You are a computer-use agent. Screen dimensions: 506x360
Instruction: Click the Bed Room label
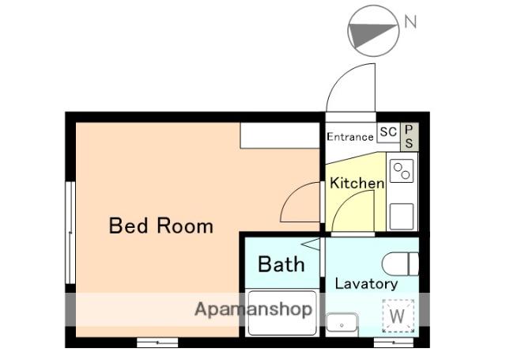point(161,225)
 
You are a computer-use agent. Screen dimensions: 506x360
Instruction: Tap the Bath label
point(281,264)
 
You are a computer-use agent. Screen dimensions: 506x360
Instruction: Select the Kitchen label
point(357,183)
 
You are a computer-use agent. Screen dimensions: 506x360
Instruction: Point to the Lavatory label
point(366,284)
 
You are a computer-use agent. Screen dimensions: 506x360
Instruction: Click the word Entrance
point(350,137)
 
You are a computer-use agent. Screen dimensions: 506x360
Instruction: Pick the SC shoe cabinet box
point(388,132)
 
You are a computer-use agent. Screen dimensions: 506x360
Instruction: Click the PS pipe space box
point(410,136)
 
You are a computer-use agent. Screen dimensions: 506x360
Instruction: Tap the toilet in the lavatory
point(400,263)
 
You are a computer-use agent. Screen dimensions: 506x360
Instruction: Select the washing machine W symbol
point(398,316)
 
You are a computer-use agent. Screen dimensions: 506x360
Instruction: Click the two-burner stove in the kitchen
point(402,171)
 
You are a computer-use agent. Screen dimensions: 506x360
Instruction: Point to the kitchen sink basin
point(402,217)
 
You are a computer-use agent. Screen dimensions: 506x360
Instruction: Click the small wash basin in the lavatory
point(342,323)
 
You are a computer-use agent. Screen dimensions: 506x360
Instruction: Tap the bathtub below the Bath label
point(282,313)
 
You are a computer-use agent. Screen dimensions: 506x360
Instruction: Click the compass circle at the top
point(373,31)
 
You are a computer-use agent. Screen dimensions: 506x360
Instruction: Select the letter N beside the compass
point(410,22)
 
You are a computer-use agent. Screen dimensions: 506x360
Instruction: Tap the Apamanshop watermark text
point(253,309)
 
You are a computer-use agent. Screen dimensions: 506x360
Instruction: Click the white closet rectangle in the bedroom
point(280,135)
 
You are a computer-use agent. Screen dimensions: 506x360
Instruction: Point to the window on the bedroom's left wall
point(70,233)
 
